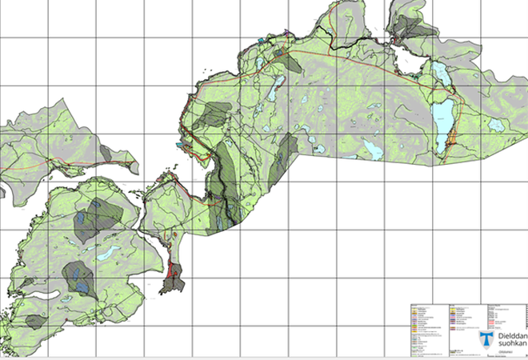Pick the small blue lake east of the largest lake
(x=497, y=125)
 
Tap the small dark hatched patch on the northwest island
(x=106, y=153)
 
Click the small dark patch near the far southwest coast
(x=35, y=322)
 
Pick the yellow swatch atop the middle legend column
(x=453, y=307)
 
